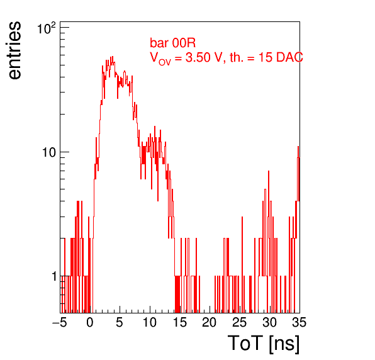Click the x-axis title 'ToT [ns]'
pos(264,344)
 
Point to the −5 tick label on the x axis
pos(60,322)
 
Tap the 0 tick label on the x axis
pos(90,322)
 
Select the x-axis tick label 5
pos(120,322)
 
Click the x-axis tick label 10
pos(150,322)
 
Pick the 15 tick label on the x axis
pos(179,322)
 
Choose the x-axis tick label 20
pos(210,322)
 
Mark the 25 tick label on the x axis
pos(239,322)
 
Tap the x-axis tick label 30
pos(269,322)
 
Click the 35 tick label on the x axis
pos(299,322)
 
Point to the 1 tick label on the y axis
pos(55,276)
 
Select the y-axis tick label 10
pos(49,152)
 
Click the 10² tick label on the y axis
pos(47,28)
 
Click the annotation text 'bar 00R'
pos(172,43)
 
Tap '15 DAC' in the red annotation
pos(281,57)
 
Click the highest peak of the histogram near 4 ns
pos(113,57)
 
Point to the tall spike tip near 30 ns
pos(269,171)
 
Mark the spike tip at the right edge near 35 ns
pos(298,146)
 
